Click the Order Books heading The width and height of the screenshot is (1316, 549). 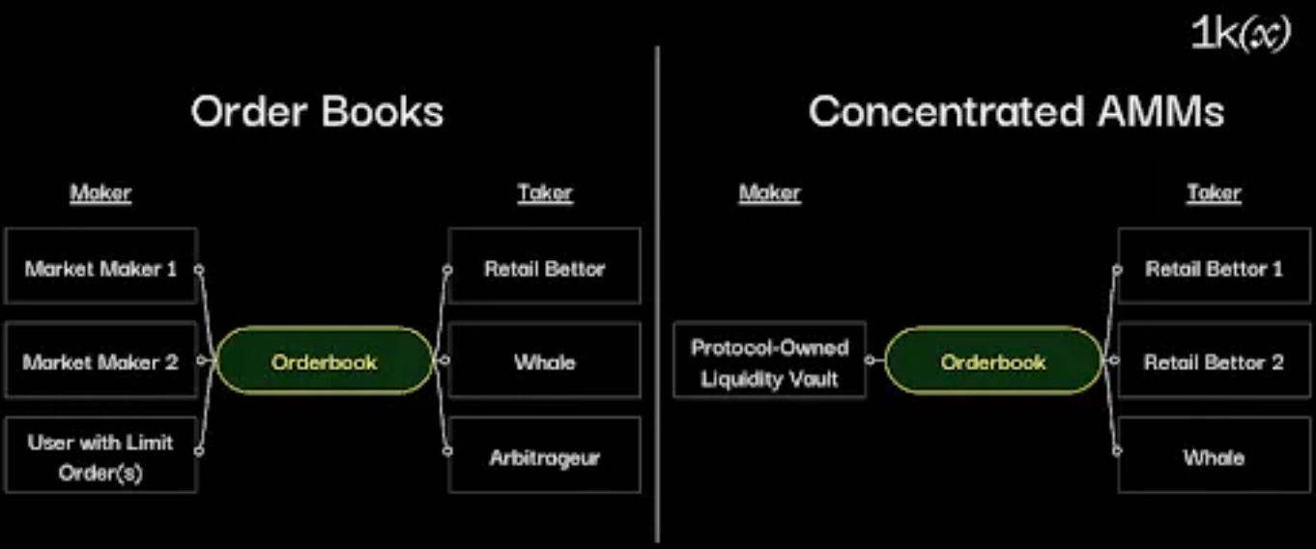click(317, 112)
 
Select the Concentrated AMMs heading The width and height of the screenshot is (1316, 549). click(1016, 112)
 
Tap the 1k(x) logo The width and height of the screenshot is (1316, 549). click(1241, 36)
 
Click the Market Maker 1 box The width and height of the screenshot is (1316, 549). click(101, 268)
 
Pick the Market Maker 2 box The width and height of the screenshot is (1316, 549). click(101, 362)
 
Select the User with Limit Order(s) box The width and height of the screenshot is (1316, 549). click(101, 456)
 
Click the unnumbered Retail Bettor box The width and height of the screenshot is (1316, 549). click(544, 268)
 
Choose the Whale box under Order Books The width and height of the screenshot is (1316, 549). click(544, 362)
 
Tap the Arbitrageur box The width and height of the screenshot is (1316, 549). click(544, 456)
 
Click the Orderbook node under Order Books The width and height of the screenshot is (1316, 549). click(324, 362)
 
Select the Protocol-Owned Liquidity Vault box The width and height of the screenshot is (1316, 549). click(769, 362)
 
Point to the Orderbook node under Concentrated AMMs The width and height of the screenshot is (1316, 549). click(992, 362)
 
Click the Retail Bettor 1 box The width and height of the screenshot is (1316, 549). click(1214, 268)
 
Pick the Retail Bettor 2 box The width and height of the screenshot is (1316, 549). click(1214, 362)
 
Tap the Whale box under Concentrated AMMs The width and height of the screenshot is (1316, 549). click(1214, 456)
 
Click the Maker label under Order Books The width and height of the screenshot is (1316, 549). click(100, 193)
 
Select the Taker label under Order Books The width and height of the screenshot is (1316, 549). click(544, 193)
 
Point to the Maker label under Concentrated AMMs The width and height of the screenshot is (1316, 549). click(770, 193)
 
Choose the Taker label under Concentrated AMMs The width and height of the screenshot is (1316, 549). click(1214, 193)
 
